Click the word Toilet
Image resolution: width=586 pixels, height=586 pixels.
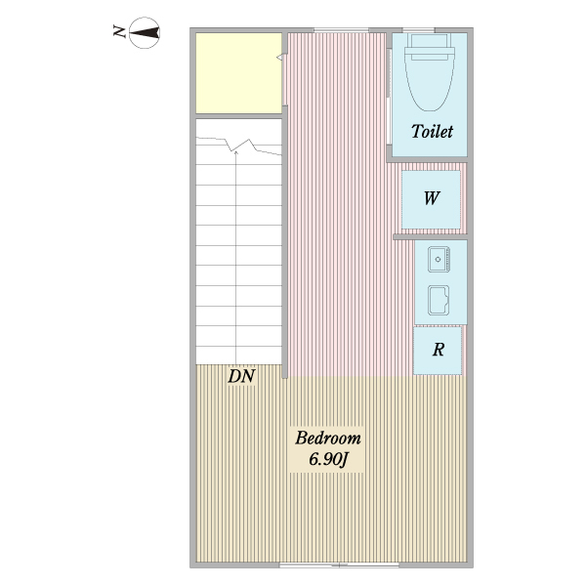coord(432,132)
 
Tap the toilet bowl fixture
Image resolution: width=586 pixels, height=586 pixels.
coord(431,82)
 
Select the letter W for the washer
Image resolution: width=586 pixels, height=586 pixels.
coord(431,197)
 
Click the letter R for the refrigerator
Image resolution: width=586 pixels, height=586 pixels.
coord(439,350)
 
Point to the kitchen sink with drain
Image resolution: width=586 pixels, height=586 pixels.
coord(437,259)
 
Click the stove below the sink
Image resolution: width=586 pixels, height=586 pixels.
coord(438,299)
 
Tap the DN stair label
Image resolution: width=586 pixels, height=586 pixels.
coord(240,375)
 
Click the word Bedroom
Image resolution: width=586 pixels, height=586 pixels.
coord(328,438)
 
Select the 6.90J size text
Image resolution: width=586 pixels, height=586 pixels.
coord(328,459)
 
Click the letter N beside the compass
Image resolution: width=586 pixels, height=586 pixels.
coord(118,33)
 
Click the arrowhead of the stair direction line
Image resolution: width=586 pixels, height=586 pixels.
coord(239,150)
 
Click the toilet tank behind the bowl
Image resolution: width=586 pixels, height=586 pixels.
coord(431,43)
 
